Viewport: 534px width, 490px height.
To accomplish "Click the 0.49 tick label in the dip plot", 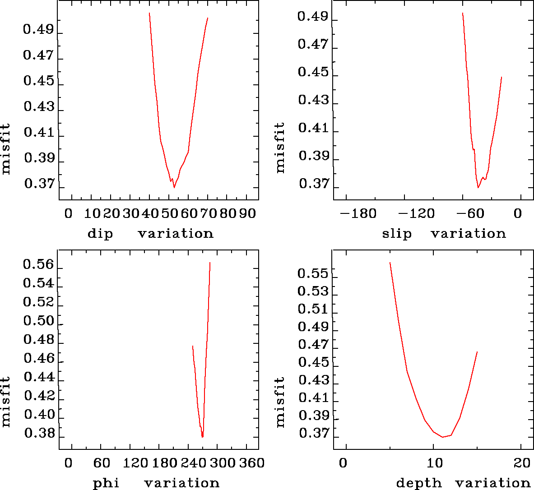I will click(38, 30).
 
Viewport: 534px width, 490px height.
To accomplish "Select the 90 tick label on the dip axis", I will click(247, 213).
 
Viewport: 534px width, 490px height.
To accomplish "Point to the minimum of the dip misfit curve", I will click(174, 187).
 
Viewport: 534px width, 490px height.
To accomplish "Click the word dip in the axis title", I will click(100, 234).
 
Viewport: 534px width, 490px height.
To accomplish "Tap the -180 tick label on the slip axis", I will click(358, 213).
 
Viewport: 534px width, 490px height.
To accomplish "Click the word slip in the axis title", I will click(397, 234).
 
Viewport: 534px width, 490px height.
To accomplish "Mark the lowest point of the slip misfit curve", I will click(478, 188).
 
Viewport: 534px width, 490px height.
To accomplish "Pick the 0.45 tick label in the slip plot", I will click(313, 72).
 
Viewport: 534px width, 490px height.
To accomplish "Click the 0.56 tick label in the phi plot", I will click(38, 265).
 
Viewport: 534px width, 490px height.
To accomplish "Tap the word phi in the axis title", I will click(106, 483).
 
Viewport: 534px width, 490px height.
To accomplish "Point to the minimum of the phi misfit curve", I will click(203, 437).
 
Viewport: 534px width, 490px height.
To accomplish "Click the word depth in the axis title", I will click(419, 483).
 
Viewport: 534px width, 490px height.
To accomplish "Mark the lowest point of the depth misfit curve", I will click(443, 437).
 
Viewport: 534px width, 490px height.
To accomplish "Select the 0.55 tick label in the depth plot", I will click(313, 273).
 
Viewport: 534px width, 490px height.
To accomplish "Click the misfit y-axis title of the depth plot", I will click(280, 402).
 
